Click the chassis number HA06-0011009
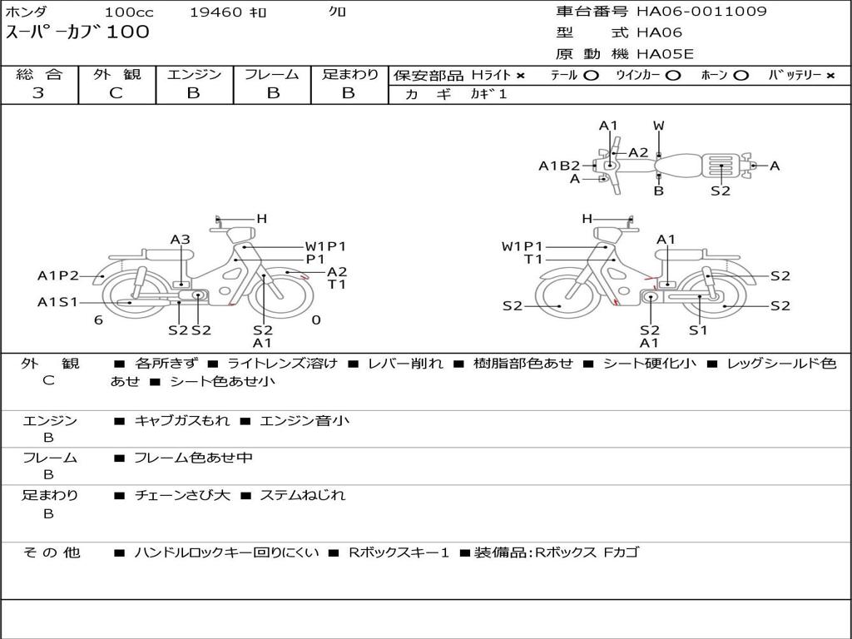tap(701, 11)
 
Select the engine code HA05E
tap(665, 54)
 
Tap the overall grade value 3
tap(38, 93)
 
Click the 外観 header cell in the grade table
tap(116, 74)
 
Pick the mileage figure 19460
tap(215, 12)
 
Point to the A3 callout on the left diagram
tap(181, 239)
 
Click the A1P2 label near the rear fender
tap(58, 276)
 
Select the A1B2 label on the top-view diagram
tap(559, 166)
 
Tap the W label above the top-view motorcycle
tap(659, 126)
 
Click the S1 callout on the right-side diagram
tap(698, 329)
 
